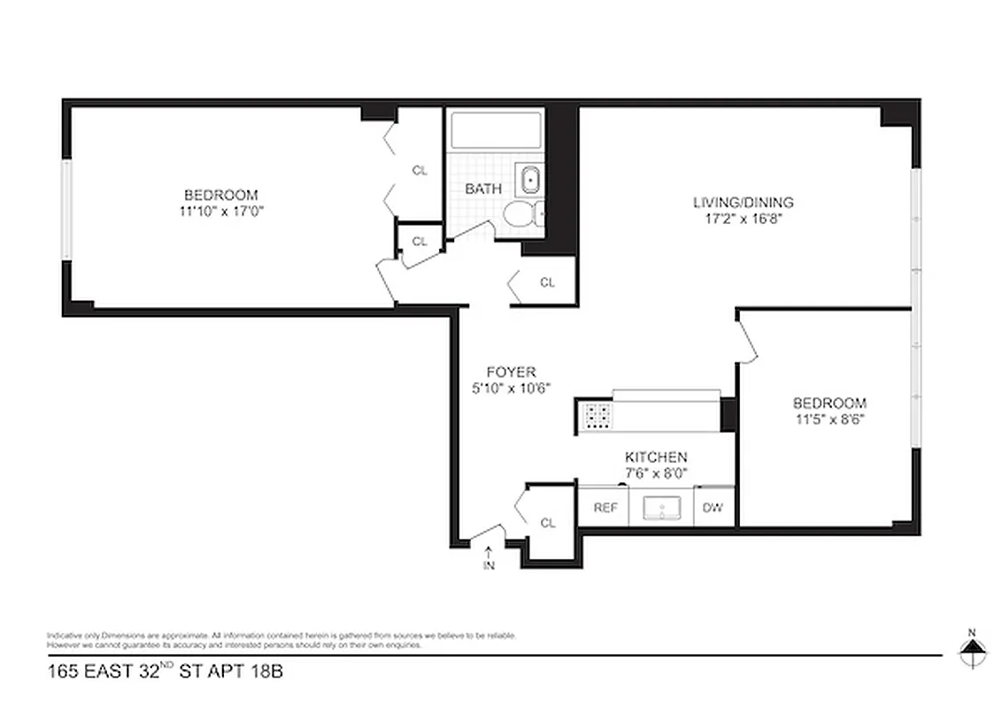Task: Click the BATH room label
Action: [483, 189]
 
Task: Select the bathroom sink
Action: [530, 180]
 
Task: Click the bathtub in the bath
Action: [495, 130]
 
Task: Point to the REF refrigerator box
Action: [605, 508]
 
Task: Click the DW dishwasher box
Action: [713, 508]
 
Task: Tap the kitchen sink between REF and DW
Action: [660, 508]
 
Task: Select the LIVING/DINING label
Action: [743, 202]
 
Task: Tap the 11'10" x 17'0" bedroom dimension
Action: [220, 211]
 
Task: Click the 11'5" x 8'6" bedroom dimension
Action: [829, 419]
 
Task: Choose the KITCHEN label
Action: [656, 457]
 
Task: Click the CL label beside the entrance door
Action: [548, 523]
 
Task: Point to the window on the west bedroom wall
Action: [66, 210]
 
